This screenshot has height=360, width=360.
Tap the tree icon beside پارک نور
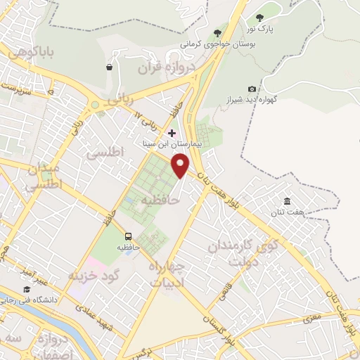259,18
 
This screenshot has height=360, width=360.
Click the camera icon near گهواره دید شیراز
252,89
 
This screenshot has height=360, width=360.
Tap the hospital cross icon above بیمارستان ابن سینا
172,132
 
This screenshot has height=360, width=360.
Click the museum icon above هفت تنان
287,201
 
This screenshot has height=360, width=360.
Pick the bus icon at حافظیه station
128,236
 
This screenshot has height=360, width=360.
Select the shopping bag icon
109,67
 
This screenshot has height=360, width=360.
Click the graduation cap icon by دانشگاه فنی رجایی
27,289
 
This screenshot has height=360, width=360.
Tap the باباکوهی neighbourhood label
30,52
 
